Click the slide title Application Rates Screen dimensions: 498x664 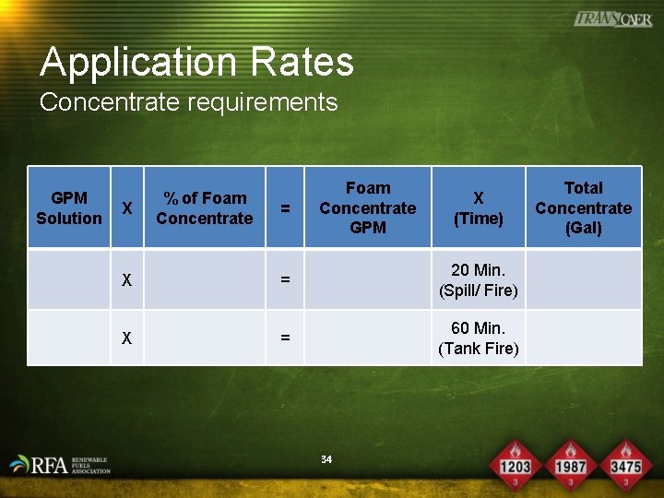click(x=196, y=63)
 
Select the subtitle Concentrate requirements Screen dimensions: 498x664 click(x=188, y=101)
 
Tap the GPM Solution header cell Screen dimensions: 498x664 click(x=69, y=207)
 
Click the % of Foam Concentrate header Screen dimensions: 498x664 click(x=204, y=207)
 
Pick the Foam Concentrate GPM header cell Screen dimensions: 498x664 click(x=367, y=207)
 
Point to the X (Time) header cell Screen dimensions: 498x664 click(x=478, y=208)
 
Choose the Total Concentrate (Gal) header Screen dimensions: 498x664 click(x=583, y=207)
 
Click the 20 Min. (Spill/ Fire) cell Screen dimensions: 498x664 click(x=478, y=280)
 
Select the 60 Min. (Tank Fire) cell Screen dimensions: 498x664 click(x=478, y=338)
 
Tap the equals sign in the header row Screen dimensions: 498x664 click(x=285, y=209)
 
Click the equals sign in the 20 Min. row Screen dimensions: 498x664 click(x=285, y=279)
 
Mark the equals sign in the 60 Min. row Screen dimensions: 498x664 click(x=285, y=338)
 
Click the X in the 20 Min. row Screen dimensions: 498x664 click(x=127, y=279)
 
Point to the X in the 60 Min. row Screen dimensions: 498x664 click(x=127, y=338)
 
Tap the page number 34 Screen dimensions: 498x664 click(x=326, y=458)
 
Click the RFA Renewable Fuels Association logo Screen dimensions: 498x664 click(x=59, y=464)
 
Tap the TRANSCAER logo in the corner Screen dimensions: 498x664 click(x=612, y=19)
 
